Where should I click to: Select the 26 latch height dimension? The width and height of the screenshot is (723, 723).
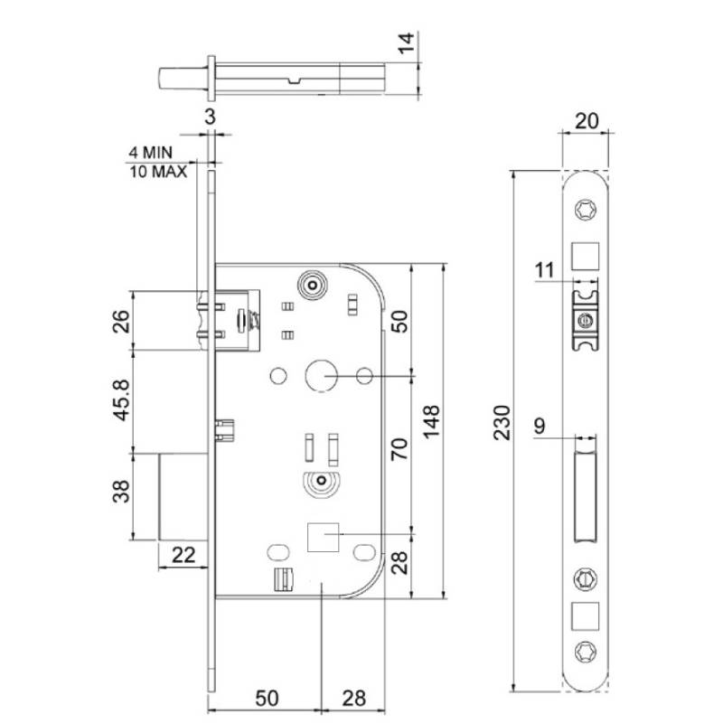[x=119, y=320]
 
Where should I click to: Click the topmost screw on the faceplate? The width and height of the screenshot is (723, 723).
[x=585, y=211]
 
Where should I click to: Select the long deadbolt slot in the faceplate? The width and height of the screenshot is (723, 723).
[x=586, y=497]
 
